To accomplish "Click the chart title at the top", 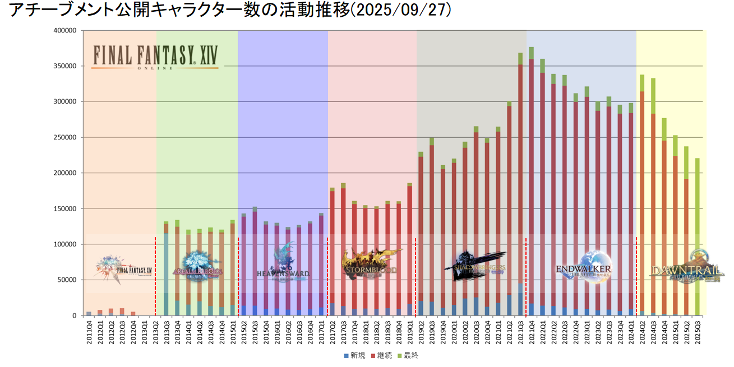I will click(230, 11).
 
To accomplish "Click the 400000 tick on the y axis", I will click(64, 31).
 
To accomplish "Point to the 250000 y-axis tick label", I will click(64, 137).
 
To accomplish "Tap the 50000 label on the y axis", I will click(66, 280).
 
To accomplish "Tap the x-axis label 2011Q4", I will click(89, 333).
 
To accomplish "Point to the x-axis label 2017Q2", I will click(333, 333).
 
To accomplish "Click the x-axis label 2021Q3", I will click(520, 333).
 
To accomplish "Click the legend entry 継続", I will click(381, 355).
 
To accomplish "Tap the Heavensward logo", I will click(284, 264).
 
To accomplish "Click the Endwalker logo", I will click(584, 266).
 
